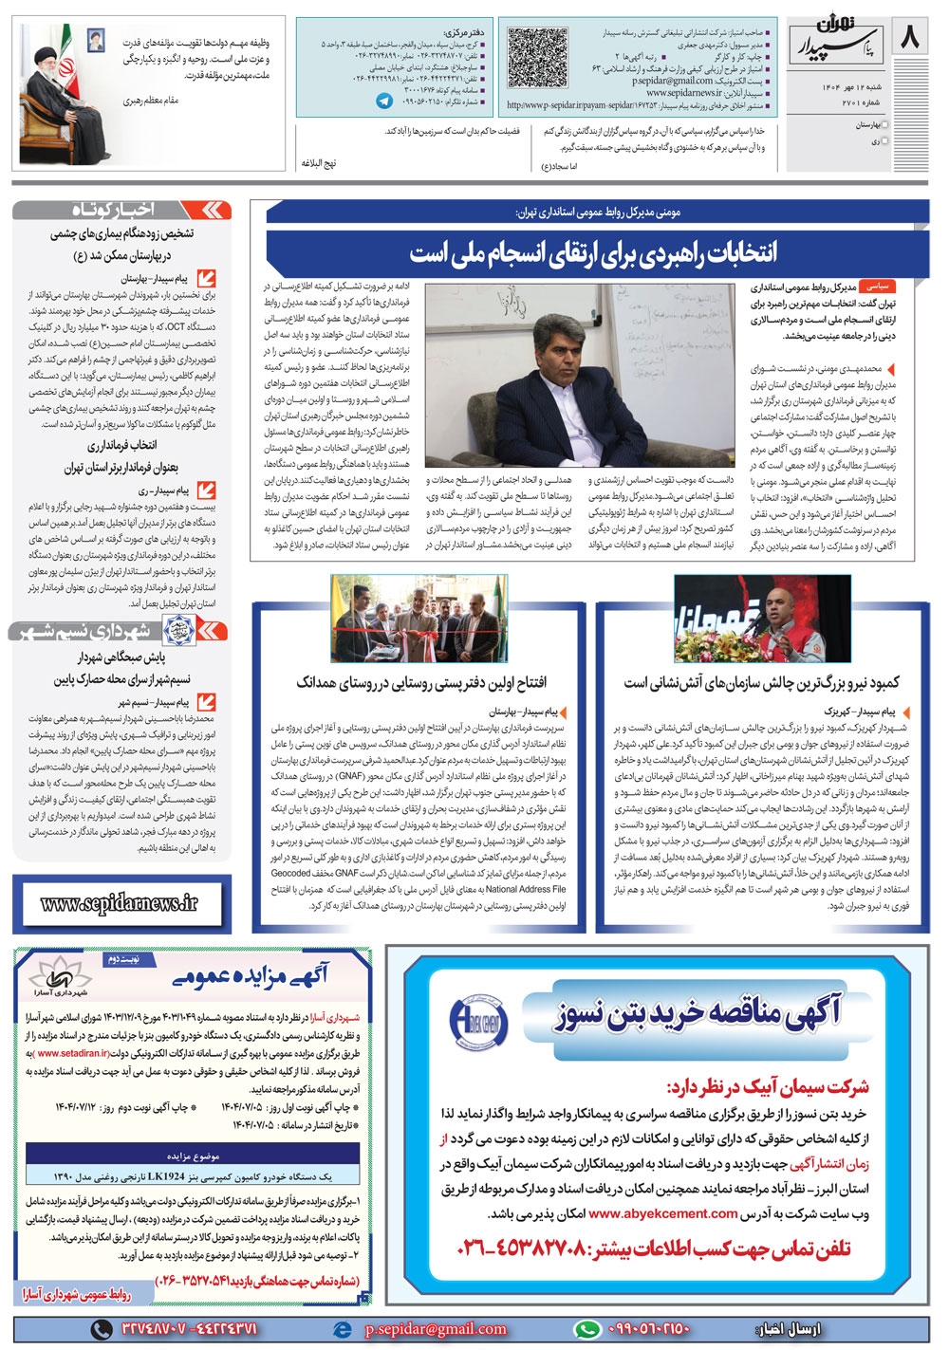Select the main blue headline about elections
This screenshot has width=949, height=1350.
[x=593, y=252]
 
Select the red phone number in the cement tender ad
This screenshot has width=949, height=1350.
[x=655, y=1248]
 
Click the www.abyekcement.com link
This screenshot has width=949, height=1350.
[x=662, y=1212]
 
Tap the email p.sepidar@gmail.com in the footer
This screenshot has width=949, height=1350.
[x=437, y=1329]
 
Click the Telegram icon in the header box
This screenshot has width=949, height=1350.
[x=384, y=101]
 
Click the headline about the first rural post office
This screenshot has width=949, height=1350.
[x=421, y=682]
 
